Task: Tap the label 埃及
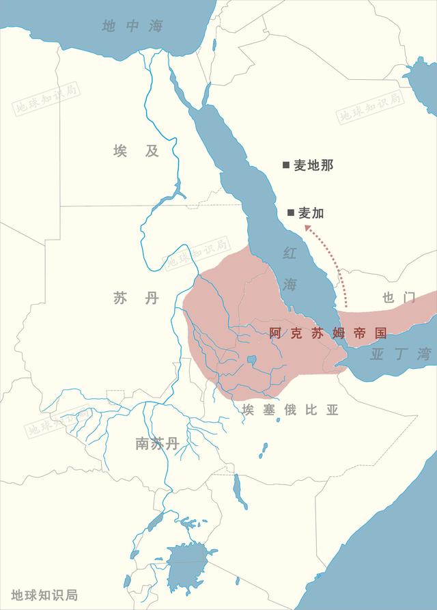pyautogui.click(x=136, y=151)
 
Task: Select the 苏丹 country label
pyautogui.click(x=136, y=298)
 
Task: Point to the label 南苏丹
pyautogui.click(x=157, y=443)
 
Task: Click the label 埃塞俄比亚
pyautogui.click(x=290, y=410)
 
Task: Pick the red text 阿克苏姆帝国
pyautogui.click(x=328, y=333)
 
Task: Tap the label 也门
pyautogui.click(x=399, y=297)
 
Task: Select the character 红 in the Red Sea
pyautogui.click(x=290, y=253)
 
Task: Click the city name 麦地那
pyautogui.click(x=313, y=165)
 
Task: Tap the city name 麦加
pyautogui.click(x=311, y=213)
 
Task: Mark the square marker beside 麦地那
pyautogui.click(x=286, y=165)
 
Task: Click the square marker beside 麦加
pyautogui.click(x=291, y=213)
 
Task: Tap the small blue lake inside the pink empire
pyautogui.click(x=252, y=359)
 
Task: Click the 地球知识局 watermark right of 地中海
pyautogui.click(x=371, y=105)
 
